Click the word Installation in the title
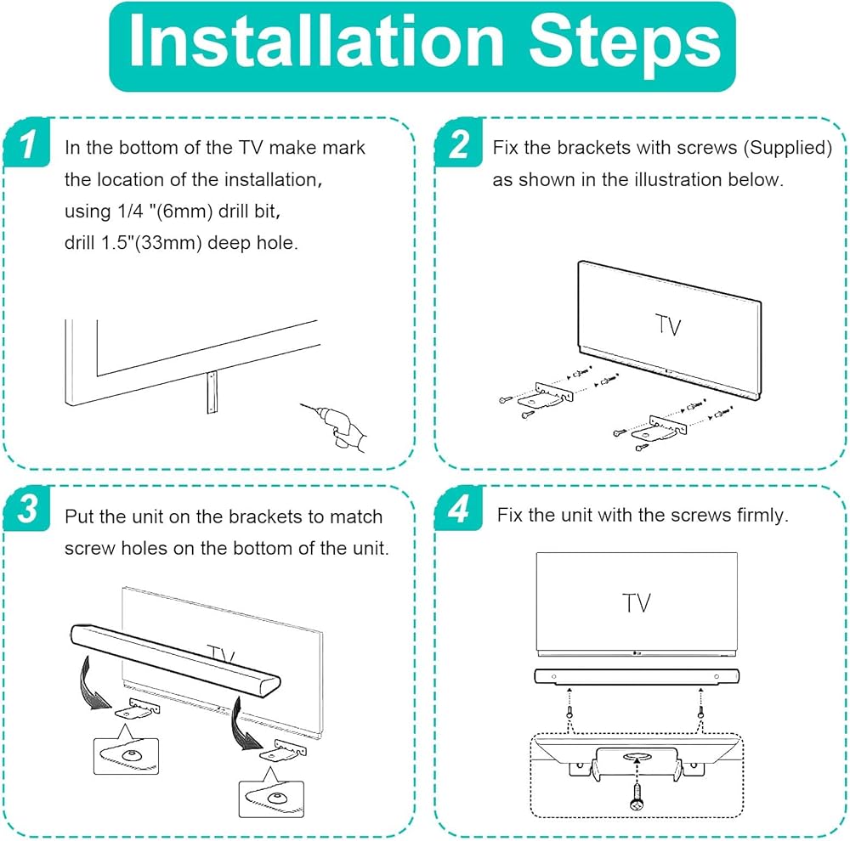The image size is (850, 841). [x=316, y=42]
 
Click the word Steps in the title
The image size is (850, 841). [x=625, y=46]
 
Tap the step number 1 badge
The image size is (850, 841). [x=26, y=143]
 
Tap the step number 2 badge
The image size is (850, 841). [x=459, y=143]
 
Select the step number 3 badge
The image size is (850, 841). [x=26, y=508]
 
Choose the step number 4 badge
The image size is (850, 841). [x=459, y=508]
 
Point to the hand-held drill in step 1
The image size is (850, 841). [x=336, y=426]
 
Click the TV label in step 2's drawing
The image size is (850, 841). [x=668, y=325]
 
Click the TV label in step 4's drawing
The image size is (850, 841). [x=636, y=603]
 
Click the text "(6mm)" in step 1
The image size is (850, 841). [x=180, y=211]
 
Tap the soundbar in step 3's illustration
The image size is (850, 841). [x=176, y=661]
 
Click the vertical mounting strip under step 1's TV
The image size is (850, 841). [x=212, y=392]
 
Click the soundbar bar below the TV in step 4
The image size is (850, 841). [x=637, y=676]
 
